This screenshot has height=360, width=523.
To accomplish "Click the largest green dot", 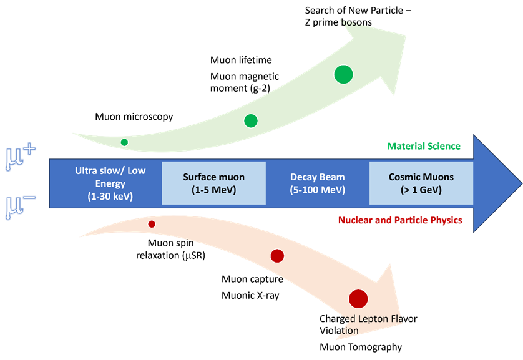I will pos(343,74).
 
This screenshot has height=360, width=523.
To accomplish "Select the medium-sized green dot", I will pos(251,121).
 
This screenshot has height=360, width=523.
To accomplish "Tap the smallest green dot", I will pos(124,142).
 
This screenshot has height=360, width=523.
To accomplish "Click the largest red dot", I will pos(358,299).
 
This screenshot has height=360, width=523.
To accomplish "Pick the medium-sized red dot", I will pos(277,256).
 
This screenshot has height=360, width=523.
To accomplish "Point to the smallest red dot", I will pos(152,224).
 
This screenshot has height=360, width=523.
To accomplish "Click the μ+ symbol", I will pos(20,155).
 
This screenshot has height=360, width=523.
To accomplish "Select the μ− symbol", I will pos(20,206).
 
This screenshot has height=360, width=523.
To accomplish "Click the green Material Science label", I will pos(424,146).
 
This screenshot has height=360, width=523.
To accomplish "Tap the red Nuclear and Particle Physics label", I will pos(400,220).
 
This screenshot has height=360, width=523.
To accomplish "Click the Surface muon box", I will pos(213,183).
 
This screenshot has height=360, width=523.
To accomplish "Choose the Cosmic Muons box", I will pos(421,183).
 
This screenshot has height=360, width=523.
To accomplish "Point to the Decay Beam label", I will pos(317,177).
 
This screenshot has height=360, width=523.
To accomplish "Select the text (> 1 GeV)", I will pos(421,190).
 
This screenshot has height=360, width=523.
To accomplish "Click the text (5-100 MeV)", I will pos(317,190).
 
